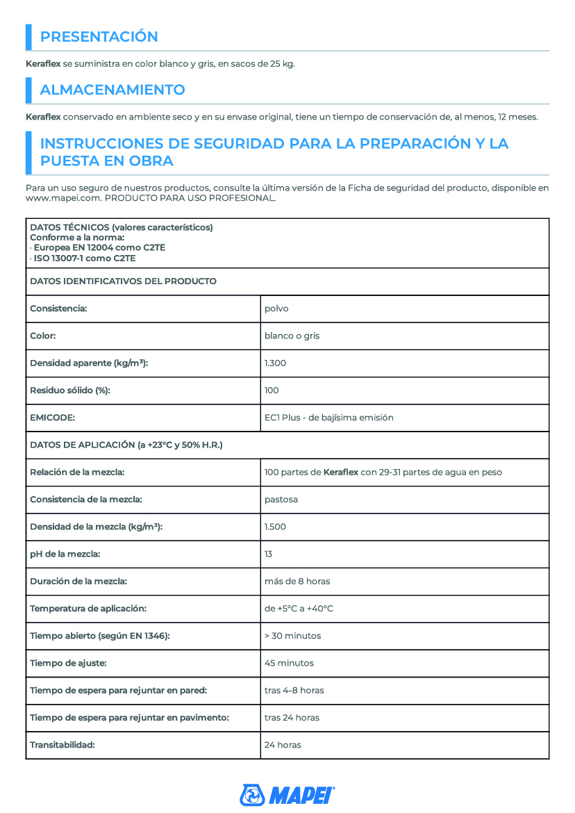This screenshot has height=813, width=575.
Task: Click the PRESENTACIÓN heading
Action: point(99,37)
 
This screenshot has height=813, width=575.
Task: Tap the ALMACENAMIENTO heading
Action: point(112,90)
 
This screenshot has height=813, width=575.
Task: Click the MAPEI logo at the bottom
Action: point(287,794)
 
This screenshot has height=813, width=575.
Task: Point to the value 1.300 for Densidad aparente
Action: point(275,363)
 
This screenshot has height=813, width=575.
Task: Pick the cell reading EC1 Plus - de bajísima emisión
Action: point(328,418)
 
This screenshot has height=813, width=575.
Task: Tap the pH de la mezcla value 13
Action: point(269,554)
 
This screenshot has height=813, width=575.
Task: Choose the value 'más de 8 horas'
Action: point(297,581)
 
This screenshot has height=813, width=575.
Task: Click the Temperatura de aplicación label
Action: point(87,608)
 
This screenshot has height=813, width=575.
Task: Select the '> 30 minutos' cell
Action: point(292,636)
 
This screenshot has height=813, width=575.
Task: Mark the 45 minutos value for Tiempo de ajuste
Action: point(289,663)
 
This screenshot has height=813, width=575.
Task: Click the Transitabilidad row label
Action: point(62,744)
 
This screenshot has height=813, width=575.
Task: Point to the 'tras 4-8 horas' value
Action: point(294,690)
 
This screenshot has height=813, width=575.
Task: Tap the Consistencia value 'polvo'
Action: point(276,309)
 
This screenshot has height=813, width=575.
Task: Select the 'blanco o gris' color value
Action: point(292,336)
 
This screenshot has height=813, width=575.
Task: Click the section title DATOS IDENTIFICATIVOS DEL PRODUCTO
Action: point(123,281)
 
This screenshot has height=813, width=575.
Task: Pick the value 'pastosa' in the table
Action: point(281,500)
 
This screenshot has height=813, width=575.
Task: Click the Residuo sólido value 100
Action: point(272,391)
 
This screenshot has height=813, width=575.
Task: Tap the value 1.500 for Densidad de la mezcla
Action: point(275,527)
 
